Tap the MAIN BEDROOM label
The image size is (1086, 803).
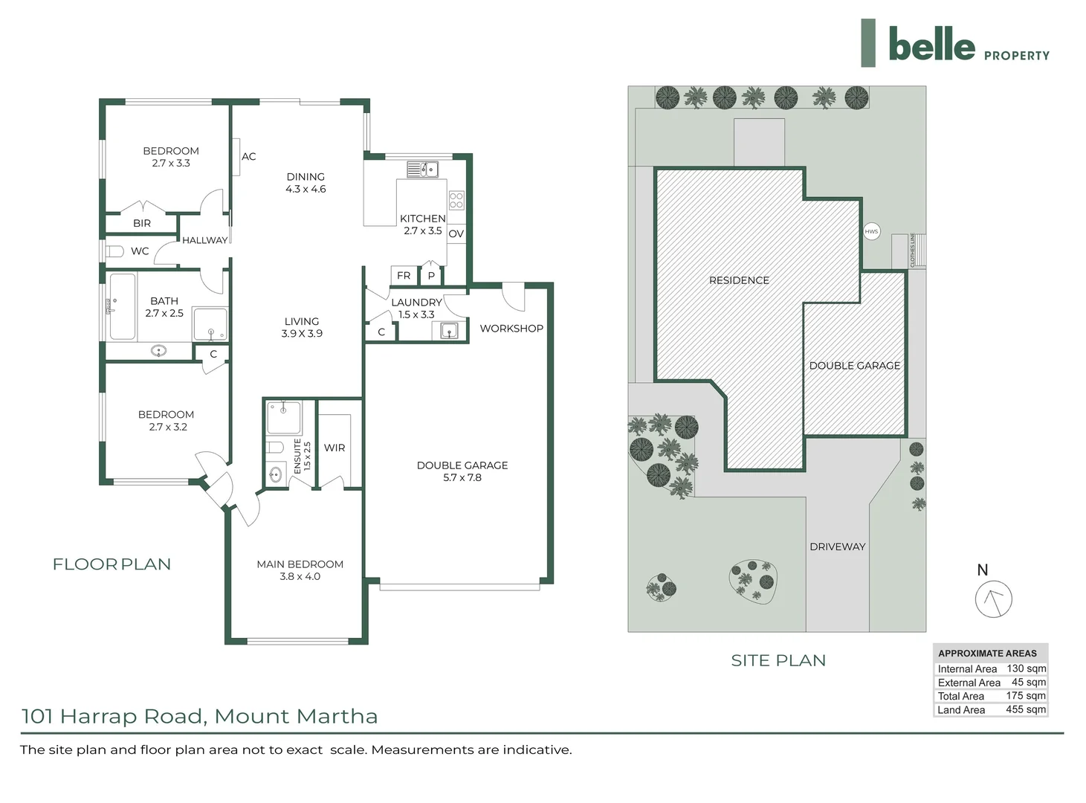click(x=300, y=564)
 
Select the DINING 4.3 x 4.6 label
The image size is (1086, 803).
click(x=306, y=183)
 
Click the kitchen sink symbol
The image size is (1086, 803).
click(x=423, y=170)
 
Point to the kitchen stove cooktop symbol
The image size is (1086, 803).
click(x=456, y=200)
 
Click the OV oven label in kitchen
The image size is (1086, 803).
click(x=456, y=233)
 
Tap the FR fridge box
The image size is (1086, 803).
click(x=404, y=276)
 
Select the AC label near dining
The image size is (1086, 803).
click(x=248, y=157)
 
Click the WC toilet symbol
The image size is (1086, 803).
click(x=114, y=251)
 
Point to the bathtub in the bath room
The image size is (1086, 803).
click(x=121, y=306)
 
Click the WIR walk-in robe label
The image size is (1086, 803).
click(x=334, y=448)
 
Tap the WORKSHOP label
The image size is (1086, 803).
click(x=511, y=329)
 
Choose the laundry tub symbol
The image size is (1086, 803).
click(x=449, y=330)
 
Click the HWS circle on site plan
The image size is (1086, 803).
click(x=871, y=231)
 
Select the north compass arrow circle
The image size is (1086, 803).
click(x=993, y=599)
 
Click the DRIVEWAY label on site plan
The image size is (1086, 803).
click(x=837, y=546)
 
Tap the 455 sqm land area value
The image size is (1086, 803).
click(x=1025, y=709)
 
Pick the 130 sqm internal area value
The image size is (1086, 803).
click(x=1026, y=668)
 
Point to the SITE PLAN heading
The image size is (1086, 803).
click(x=778, y=660)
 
